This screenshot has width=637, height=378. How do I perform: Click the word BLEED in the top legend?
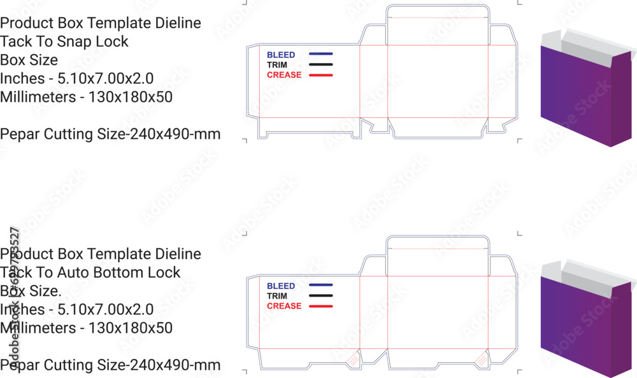281,55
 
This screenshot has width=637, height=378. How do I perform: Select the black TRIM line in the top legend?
321,64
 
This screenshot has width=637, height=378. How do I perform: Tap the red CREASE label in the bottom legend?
284,306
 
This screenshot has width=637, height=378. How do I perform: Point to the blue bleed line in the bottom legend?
321,285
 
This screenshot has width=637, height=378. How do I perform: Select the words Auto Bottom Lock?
118,272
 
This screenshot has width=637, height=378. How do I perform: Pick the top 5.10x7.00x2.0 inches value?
106,78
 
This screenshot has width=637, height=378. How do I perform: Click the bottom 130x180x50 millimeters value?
131,328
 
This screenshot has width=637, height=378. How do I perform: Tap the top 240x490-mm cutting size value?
175,134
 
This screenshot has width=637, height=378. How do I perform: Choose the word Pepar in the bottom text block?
20,365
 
